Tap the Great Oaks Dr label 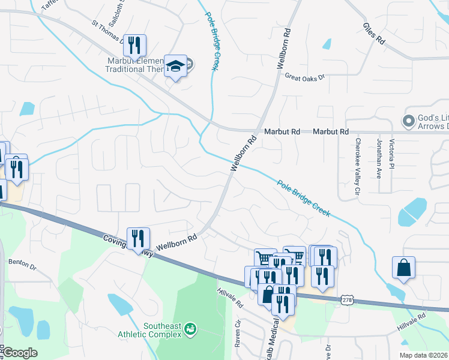(x=304, y=77)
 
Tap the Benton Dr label (x=22, y=263)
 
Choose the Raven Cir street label (x=238, y=333)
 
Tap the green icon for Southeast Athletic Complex (x=190, y=328)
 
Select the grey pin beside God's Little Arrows (x=409, y=121)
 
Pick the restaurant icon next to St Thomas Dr (x=135, y=45)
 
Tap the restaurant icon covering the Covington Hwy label (x=138, y=238)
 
